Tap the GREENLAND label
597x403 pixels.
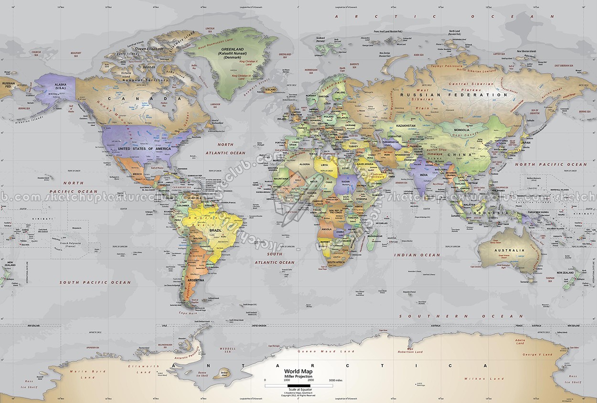coord(233,49)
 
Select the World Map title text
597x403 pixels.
coord(298,371)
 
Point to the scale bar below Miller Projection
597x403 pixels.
coord(298,385)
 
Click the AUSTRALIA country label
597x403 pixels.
coord(509,250)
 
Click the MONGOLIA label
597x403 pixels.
coord(461,130)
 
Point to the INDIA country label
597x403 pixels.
coord(423,175)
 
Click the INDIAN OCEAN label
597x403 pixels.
coord(417,255)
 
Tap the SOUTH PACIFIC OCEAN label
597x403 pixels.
coord(95,283)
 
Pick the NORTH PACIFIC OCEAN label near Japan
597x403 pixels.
coord(550,164)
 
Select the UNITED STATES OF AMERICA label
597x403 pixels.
coord(144,149)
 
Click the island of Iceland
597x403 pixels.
coord(270,89)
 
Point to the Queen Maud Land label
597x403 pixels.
coord(326,351)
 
